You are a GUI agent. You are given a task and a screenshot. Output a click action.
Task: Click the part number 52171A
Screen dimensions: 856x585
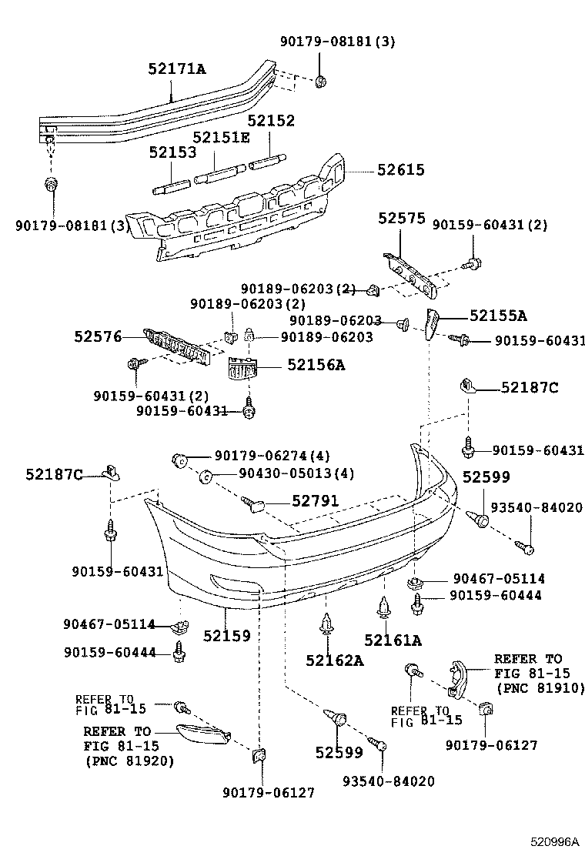tap(176, 69)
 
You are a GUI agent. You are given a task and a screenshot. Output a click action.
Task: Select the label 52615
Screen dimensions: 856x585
tap(400, 170)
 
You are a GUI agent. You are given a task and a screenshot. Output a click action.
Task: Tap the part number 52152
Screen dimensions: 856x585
tap(271, 121)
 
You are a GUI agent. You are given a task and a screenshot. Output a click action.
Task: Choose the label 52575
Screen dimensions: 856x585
tap(401, 219)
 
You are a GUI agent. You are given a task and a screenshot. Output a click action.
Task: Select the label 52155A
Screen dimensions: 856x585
tap(498, 315)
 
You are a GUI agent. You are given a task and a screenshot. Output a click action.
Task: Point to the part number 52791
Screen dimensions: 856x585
tap(315, 501)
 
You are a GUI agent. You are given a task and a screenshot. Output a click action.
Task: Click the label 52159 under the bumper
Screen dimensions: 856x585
tap(227, 636)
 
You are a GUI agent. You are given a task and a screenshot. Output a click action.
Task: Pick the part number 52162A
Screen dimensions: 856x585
tap(333, 660)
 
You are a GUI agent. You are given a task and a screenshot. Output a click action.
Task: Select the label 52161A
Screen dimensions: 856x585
tap(393, 640)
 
